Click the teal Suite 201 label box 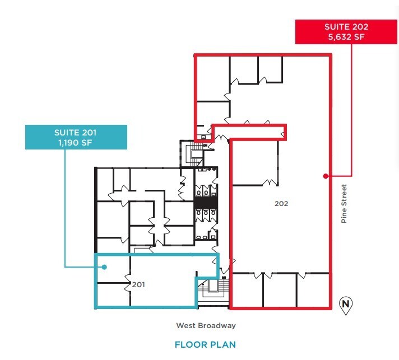pyautogui.click(x=75, y=138)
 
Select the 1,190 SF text pyautogui.click(x=76, y=143)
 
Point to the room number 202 pyautogui.click(x=281, y=204)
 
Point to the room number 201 pyautogui.click(x=139, y=284)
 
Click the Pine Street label pyautogui.click(x=345, y=204)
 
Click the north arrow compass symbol pyautogui.click(x=346, y=305)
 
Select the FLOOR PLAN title pyautogui.click(x=205, y=345)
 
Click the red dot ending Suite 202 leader pyautogui.click(x=326, y=176)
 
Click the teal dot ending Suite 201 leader pyautogui.click(x=104, y=267)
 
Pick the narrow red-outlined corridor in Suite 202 pyautogui.click(x=249, y=132)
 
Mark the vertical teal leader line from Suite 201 pyautogui.click(x=66, y=207)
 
